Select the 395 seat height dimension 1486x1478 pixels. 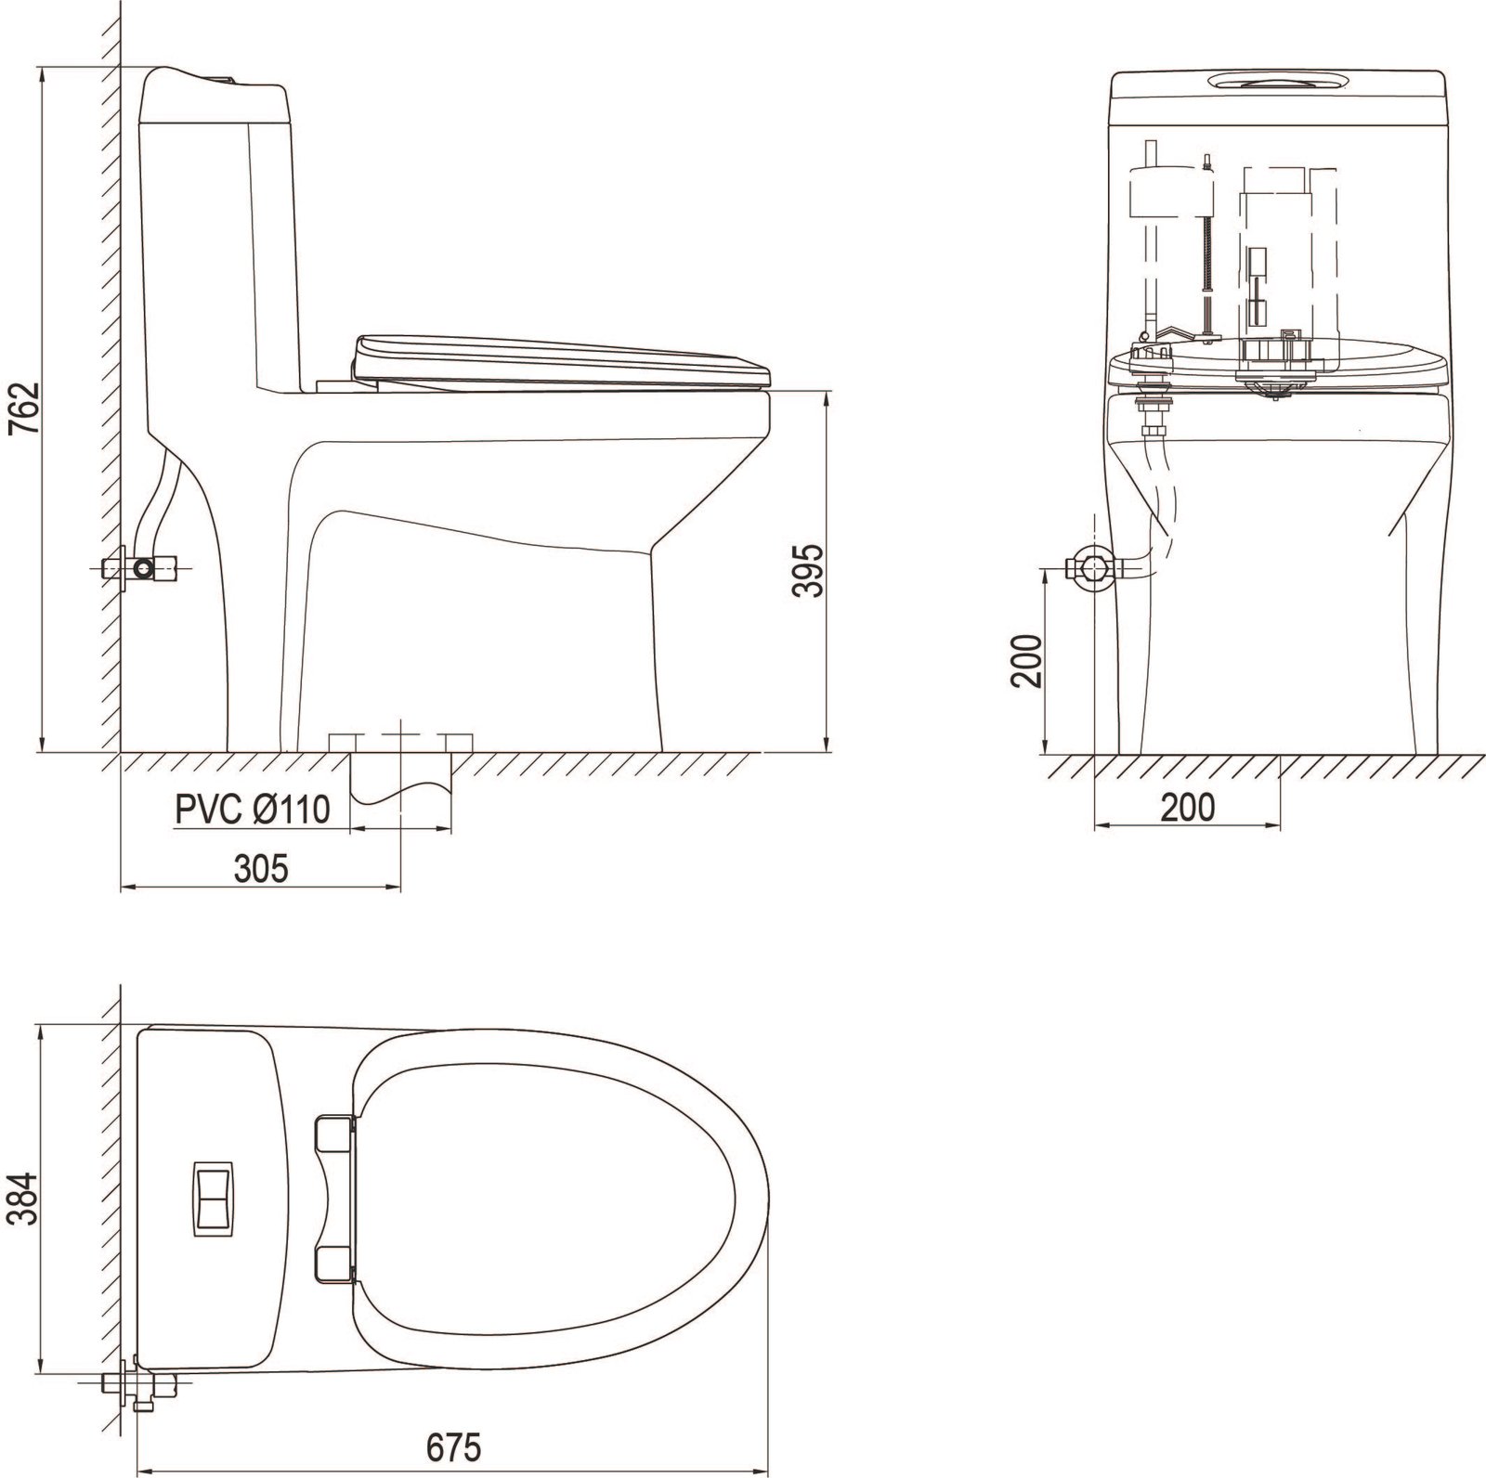(x=810, y=571)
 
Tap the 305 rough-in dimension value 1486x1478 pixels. (x=261, y=868)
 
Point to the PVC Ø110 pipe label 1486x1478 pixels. (x=253, y=810)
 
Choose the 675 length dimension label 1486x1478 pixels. (x=455, y=1445)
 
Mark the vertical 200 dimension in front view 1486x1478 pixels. (x=1026, y=659)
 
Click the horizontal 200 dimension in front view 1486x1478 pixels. (x=1187, y=809)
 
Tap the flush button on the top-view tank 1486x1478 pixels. (x=214, y=1197)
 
